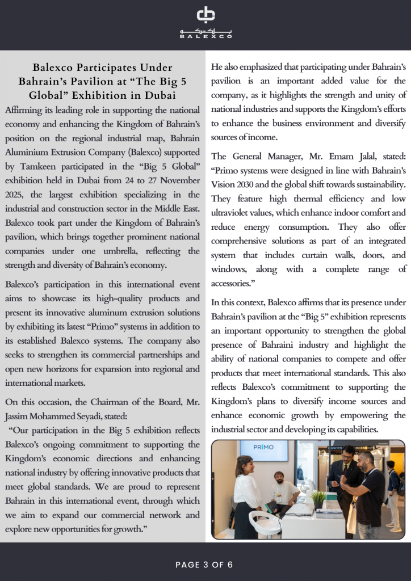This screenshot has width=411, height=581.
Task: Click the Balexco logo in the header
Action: pos(205,23)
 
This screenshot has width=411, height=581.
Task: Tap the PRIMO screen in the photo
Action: pos(264,451)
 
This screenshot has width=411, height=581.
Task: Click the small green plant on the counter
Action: pos(318,498)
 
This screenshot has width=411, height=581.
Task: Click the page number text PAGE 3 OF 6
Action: pos(205,565)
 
